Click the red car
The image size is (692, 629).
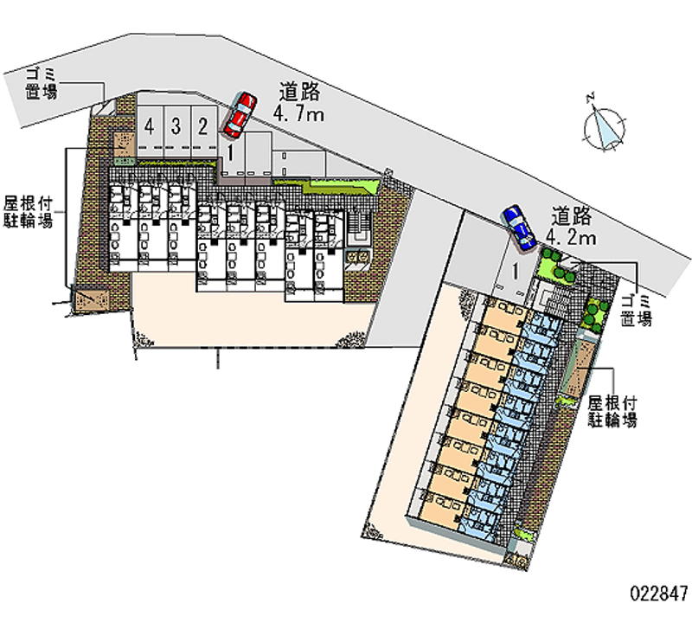click(x=240, y=115)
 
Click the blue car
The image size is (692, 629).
click(x=518, y=228)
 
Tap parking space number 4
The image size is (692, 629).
click(x=150, y=126)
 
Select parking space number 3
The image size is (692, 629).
click(x=176, y=126)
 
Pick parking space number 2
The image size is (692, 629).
click(x=202, y=126)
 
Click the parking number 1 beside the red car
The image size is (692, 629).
click(x=230, y=152)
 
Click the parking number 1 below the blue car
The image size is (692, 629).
click(x=515, y=271)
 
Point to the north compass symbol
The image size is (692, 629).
click(x=604, y=128)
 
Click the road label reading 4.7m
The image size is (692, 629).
click(x=298, y=114)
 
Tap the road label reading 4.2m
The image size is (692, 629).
click(x=572, y=238)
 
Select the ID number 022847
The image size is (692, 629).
click(x=659, y=594)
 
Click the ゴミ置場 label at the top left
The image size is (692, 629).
click(x=41, y=84)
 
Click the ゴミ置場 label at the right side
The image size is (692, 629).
click(x=637, y=311)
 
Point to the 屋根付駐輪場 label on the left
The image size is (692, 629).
click(x=29, y=212)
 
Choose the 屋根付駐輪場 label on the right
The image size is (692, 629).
click(x=612, y=411)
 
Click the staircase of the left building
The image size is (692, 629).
click(x=358, y=228)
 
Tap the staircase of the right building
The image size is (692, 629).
click(x=552, y=297)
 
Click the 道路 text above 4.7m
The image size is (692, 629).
click(x=299, y=93)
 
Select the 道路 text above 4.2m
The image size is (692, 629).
click(x=572, y=216)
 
